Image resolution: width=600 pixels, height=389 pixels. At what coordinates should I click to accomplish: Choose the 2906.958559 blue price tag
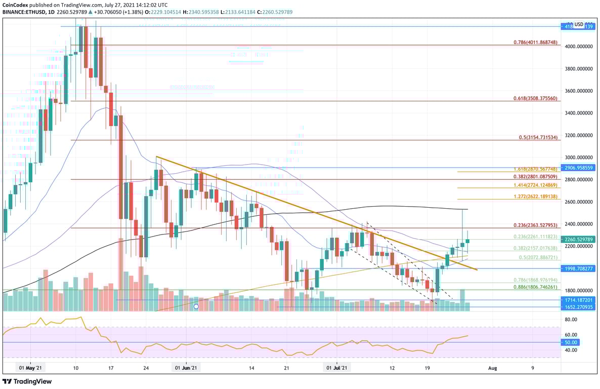tap(580, 167)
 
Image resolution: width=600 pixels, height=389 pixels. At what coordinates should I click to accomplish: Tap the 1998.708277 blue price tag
tap(580, 268)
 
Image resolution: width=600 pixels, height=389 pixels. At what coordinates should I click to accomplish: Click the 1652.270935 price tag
tap(580, 307)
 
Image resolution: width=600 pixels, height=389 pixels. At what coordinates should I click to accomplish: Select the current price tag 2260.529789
tap(580, 240)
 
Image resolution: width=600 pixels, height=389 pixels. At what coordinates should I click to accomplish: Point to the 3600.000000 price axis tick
tap(579, 91)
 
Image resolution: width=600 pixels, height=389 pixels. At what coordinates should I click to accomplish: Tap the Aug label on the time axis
tap(491, 368)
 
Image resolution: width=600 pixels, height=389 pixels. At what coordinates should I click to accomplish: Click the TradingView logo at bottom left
tap(27, 381)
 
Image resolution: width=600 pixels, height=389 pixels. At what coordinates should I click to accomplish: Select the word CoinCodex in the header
tap(16, 4)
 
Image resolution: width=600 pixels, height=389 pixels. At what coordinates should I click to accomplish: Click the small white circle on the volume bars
tap(196, 306)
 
